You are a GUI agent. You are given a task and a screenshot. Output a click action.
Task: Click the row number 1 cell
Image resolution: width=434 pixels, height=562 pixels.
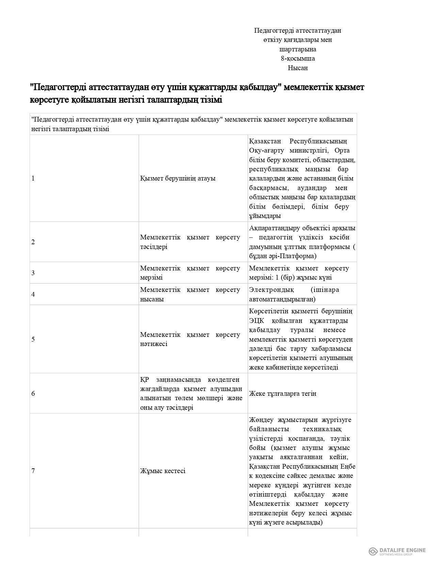coord(33,178)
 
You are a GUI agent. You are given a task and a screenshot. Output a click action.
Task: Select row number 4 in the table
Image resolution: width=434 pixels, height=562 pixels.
coord(33,294)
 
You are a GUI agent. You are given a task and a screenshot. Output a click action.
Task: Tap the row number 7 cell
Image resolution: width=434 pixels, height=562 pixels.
coord(33,471)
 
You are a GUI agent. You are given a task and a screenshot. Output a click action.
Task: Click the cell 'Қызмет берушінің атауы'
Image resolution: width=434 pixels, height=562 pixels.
coord(178,178)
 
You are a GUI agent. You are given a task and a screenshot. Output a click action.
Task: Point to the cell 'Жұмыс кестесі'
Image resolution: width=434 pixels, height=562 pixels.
coord(163,471)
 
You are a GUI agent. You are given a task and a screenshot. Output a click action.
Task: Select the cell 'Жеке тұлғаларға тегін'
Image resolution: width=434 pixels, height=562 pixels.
coord(283,393)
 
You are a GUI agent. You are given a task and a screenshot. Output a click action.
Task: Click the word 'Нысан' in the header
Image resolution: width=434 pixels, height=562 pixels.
coord(298,68)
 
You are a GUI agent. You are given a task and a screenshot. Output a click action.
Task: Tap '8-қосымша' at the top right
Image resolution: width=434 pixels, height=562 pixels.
coord(298,58)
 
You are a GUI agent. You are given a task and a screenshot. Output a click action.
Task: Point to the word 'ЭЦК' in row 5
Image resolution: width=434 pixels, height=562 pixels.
coord(256,321)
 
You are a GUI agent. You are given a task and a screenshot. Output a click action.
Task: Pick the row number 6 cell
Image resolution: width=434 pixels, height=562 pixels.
coord(33,393)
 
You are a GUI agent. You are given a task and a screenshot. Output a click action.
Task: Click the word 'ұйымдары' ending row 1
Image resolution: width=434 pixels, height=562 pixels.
coord(265,216)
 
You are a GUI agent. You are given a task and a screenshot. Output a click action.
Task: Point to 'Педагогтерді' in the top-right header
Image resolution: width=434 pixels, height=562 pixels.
coord(271,31)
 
